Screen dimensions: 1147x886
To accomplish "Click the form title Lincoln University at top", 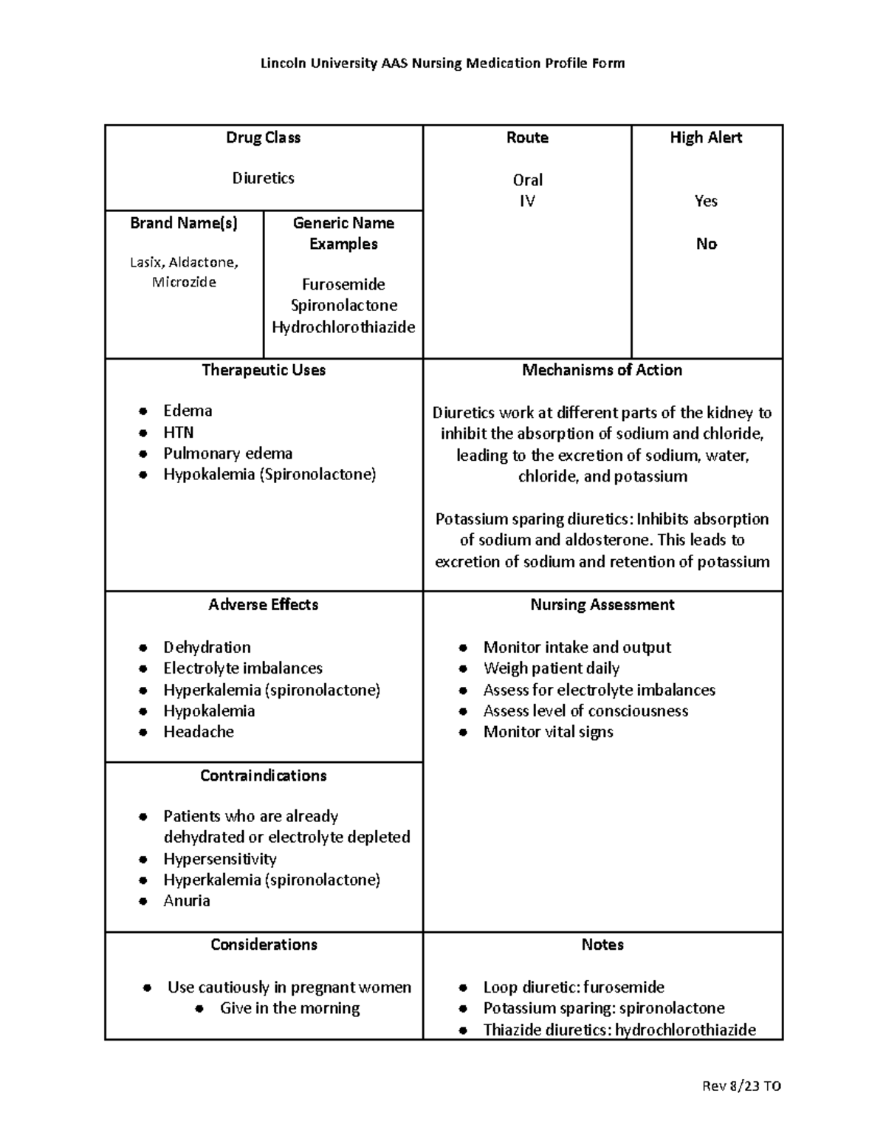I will coord(442,63).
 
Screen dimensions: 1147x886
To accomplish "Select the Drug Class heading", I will coord(263,137).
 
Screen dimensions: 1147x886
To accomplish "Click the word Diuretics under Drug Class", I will coord(263,178).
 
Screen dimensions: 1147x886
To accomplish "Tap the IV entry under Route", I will coord(526,201).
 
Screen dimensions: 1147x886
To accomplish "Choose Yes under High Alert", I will coord(706,201).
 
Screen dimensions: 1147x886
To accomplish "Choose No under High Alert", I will coord(706,244).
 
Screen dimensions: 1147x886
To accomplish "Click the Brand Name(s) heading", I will coord(184,223).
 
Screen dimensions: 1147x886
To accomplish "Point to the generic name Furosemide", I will coord(343,284).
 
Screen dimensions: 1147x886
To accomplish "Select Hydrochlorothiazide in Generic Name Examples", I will coord(343,327).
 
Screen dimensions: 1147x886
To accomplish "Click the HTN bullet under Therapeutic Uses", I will coord(178,432).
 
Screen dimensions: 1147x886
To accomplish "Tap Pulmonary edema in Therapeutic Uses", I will coord(227,453).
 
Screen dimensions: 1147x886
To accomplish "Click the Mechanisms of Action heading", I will coord(602,370).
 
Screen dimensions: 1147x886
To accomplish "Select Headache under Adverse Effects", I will coord(199,732).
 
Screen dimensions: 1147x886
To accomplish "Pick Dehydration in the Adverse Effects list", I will coord(207,647).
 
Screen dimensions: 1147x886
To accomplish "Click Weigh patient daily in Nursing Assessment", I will coord(551,668).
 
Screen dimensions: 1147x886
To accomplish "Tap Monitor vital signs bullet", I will coord(548,732).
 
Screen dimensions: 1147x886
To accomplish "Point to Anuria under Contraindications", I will coord(187,901).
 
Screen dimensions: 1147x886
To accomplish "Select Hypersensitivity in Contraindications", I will coord(220,859).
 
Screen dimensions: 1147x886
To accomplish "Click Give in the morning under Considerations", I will coord(289,1008).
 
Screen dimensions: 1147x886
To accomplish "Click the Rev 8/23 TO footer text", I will coord(743,1086).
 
